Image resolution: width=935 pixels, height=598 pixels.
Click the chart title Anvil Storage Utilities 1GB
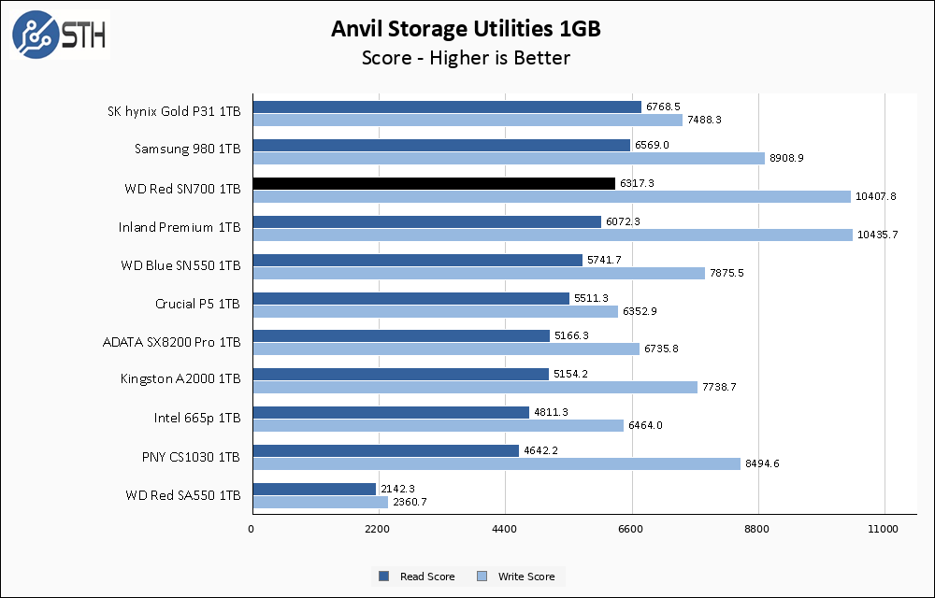pyautogui.click(x=466, y=29)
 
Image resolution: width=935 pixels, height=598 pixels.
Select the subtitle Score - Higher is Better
pyautogui.click(x=466, y=58)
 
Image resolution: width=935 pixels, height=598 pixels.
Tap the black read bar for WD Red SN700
pyautogui.click(x=434, y=183)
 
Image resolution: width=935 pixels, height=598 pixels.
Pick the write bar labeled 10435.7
pyautogui.click(x=553, y=235)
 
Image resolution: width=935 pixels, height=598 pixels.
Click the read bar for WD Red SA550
pyautogui.click(x=314, y=489)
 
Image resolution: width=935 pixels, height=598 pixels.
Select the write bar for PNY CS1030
pyautogui.click(x=496, y=463)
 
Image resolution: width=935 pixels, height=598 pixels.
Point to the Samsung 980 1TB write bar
pyautogui.click(x=509, y=158)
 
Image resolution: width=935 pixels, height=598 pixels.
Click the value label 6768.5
pyautogui.click(x=663, y=107)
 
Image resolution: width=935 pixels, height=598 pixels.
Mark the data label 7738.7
pyautogui.click(x=720, y=387)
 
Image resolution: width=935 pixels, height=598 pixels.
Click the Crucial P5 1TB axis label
pyautogui.click(x=197, y=304)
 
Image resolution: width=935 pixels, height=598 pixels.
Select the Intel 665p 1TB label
pyautogui.click(x=197, y=418)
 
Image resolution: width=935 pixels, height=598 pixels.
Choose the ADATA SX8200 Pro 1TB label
pyautogui.click(x=171, y=342)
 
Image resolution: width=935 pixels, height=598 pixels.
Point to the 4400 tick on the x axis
pyautogui.click(x=505, y=530)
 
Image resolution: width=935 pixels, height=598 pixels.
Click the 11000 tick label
pyautogui.click(x=884, y=530)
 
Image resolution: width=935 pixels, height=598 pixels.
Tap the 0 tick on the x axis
pyautogui.click(x=252, y=530)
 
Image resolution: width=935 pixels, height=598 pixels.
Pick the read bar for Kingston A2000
pyautogui.click(x=400, y=374)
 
